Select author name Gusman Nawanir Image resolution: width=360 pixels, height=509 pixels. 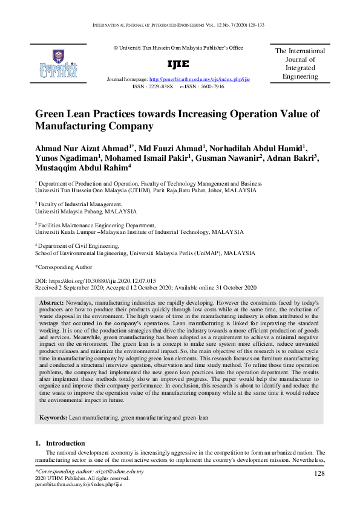point(229,158)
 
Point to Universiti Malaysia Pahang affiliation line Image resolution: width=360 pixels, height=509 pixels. point(86,212)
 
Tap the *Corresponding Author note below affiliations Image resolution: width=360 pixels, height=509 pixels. point(64,267)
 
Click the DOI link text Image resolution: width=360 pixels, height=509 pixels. point(96,281)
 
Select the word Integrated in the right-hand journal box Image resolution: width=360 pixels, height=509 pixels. point(300,68)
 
